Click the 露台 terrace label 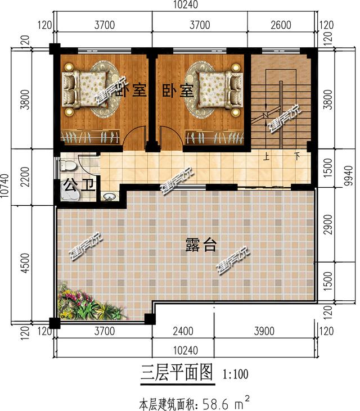point(201,245)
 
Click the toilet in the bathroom point(68,164)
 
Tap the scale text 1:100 point(236,373)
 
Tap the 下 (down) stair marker point(296,155)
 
